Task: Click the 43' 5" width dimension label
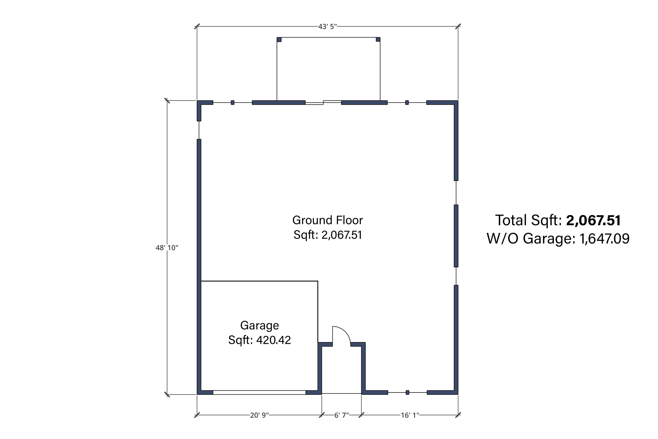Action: [x=327, y=27]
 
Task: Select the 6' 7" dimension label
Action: [x=342, y=415]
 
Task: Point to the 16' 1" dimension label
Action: [x=410, y=415]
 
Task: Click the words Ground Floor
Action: [x=328, y=220]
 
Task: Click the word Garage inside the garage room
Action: [x=260, y=326]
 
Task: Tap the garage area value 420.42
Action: [x=274, y=340]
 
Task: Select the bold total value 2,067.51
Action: [x=593, y=220]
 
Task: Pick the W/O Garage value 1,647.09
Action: [x=605, y=239]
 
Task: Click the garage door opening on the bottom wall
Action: [x=259, y=392]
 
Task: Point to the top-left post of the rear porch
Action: [x=279, y=39]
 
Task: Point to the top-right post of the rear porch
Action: [x=378, y=39]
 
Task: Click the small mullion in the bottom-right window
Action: [x=407, y=392]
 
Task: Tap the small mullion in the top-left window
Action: [x=232, y=102]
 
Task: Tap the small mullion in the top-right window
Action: [x=407, y=102]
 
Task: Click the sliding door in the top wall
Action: [x=323, y=102]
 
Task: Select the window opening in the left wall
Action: [x=199, y=130]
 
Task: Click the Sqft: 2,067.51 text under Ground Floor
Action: [x=328, y=235]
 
